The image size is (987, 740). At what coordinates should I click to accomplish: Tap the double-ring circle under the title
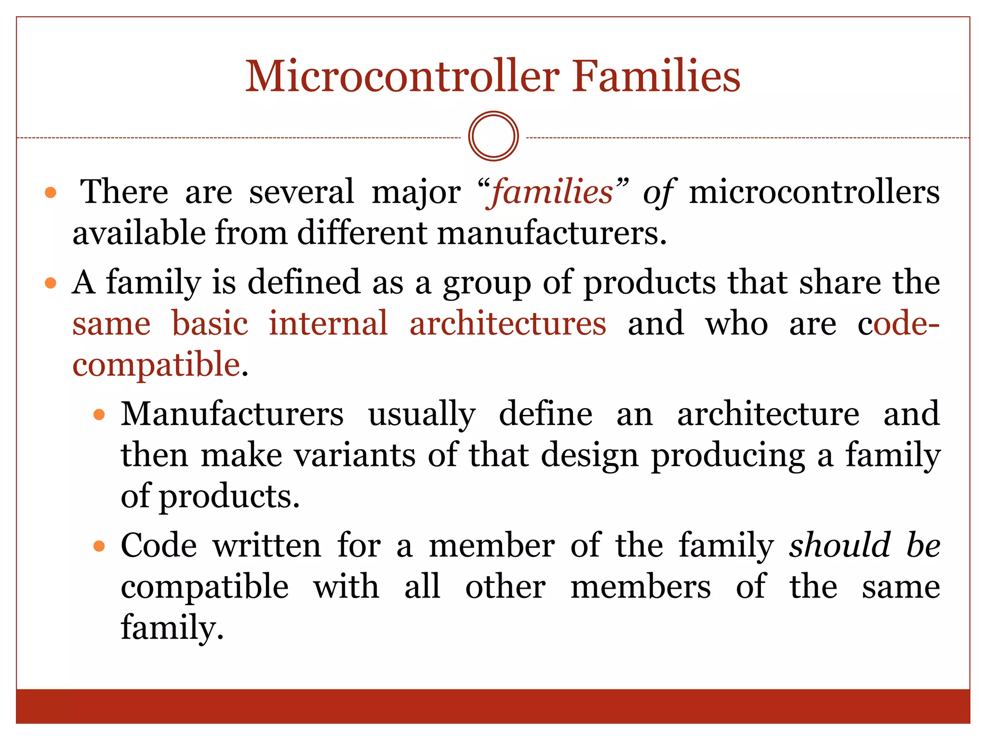(x=493, y=136)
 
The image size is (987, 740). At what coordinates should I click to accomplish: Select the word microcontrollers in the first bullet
(x=814, y=192)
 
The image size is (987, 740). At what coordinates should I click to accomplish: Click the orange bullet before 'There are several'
(x=51, y=193)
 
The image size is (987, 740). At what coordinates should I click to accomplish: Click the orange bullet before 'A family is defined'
(x=51, y=283)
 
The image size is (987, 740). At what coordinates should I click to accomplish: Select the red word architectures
(x=507, y=323)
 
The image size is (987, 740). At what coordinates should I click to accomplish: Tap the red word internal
(x=328, y=323)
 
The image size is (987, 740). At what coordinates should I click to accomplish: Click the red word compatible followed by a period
(x=156, y=365)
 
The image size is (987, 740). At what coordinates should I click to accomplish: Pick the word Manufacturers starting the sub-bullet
(x=232, y=414)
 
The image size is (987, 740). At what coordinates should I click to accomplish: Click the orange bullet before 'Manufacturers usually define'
(x=99, y=414)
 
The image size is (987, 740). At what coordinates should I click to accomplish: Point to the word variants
(x=355, y=455)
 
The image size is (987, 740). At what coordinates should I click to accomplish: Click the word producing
(x=728, y=456)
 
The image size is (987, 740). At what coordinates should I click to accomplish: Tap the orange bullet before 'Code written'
(x=99, y=546)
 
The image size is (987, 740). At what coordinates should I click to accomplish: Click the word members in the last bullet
(x=640, y=587)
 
